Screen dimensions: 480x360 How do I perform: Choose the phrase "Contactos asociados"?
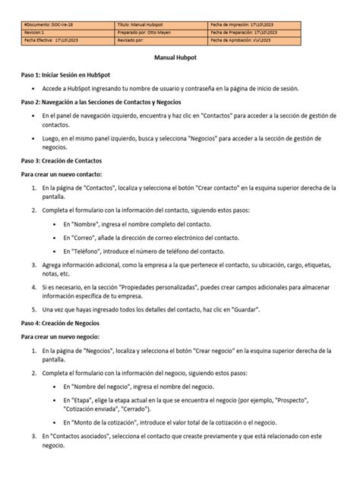79,437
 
